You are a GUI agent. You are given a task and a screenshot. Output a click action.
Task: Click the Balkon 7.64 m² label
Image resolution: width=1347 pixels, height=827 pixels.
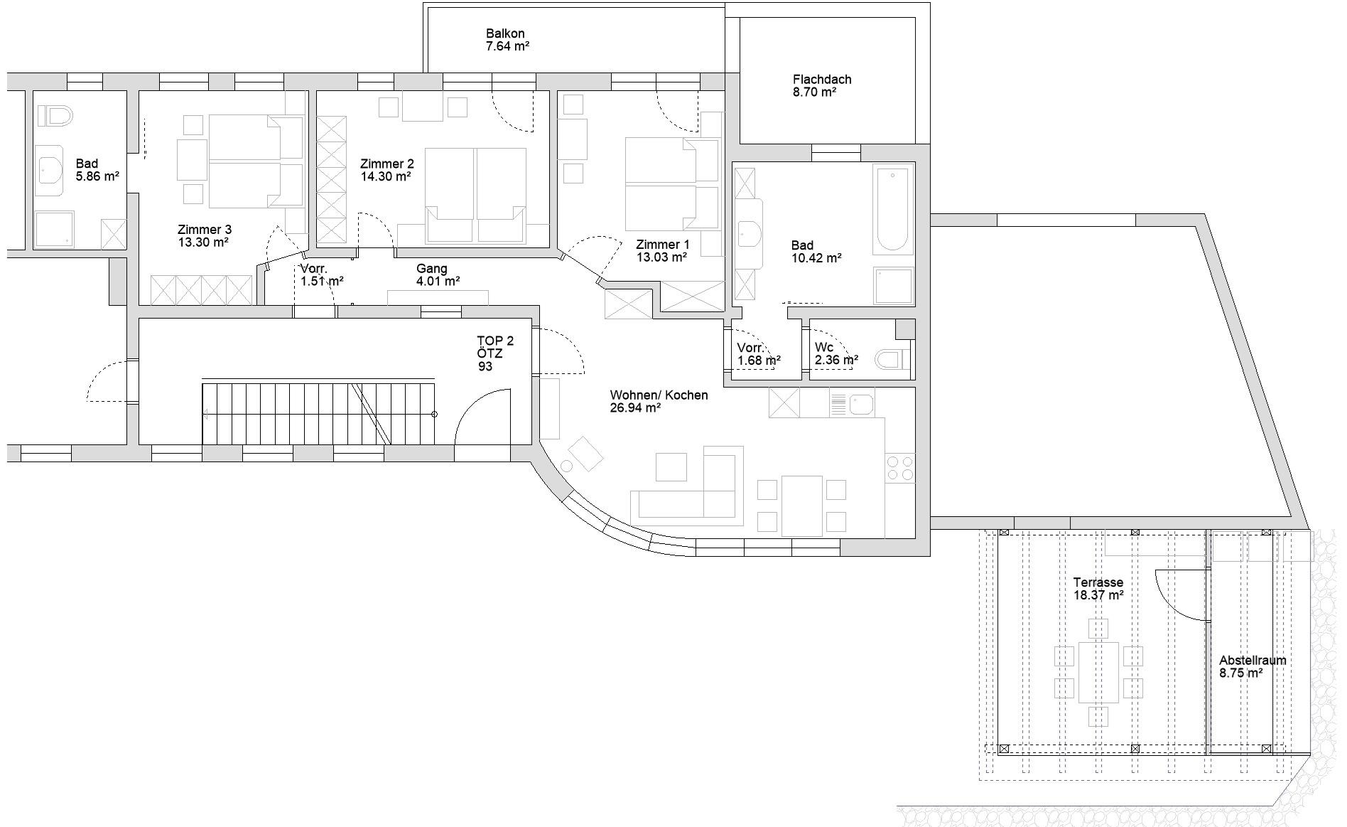[507, 40]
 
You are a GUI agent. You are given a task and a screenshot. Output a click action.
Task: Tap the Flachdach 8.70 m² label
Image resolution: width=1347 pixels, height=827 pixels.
[822, 86]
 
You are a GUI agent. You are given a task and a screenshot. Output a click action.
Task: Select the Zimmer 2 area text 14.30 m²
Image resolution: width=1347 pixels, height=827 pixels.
[385, 176]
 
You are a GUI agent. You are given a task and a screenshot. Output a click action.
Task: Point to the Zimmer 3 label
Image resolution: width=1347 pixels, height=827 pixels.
[205, 230]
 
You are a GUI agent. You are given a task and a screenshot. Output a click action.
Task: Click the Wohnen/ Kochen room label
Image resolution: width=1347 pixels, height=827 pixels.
[659, 395]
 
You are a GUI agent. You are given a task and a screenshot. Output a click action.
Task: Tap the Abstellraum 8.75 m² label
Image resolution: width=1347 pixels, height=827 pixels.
[1253, 666]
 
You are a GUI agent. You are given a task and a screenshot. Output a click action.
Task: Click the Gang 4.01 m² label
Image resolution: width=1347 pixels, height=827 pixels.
[438, 274]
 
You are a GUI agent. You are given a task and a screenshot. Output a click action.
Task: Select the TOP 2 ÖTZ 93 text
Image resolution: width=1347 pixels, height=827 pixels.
[495, 353]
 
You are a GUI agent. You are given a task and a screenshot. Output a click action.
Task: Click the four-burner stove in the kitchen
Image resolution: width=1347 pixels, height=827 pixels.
[899, 468]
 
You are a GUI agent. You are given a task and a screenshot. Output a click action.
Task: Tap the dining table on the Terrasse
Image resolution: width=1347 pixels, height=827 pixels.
[1098, 672]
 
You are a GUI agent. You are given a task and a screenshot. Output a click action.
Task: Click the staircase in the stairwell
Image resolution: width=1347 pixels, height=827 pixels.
[318, 414]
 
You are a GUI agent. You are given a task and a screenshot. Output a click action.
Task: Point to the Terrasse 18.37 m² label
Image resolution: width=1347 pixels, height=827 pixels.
[1098, 589]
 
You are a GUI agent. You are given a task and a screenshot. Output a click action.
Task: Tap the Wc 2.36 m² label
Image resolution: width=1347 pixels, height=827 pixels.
[836, 354]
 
